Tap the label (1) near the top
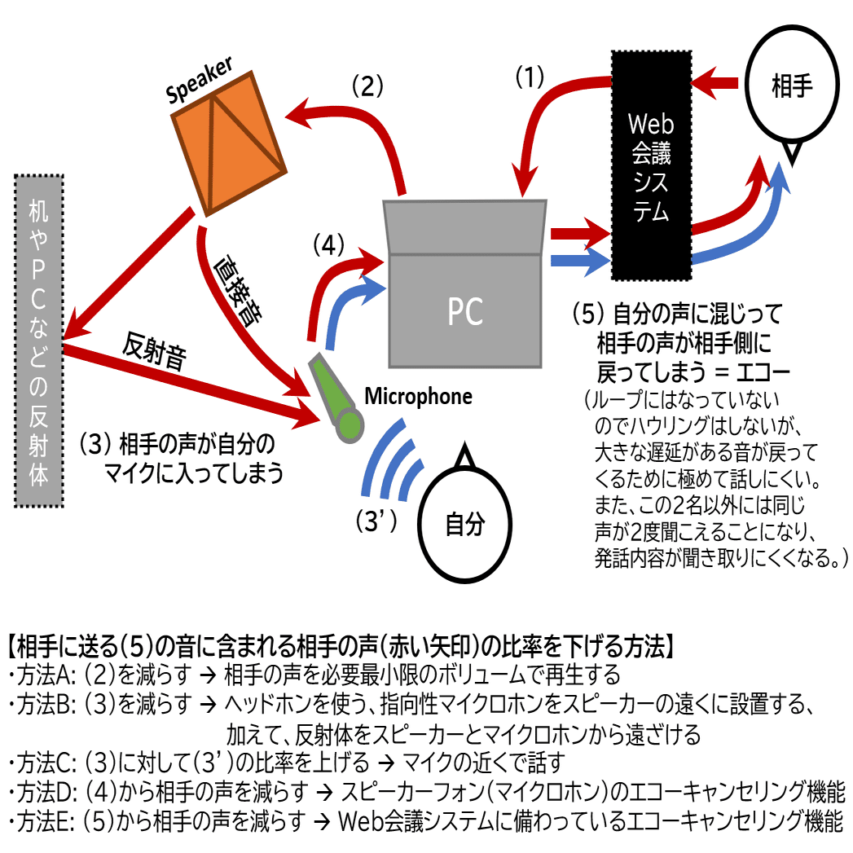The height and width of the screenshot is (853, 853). [530, 77]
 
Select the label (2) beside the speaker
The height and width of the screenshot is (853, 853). [367, 86]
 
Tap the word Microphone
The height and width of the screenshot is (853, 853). [418, 397]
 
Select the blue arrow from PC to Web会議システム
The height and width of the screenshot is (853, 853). [581, 261]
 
